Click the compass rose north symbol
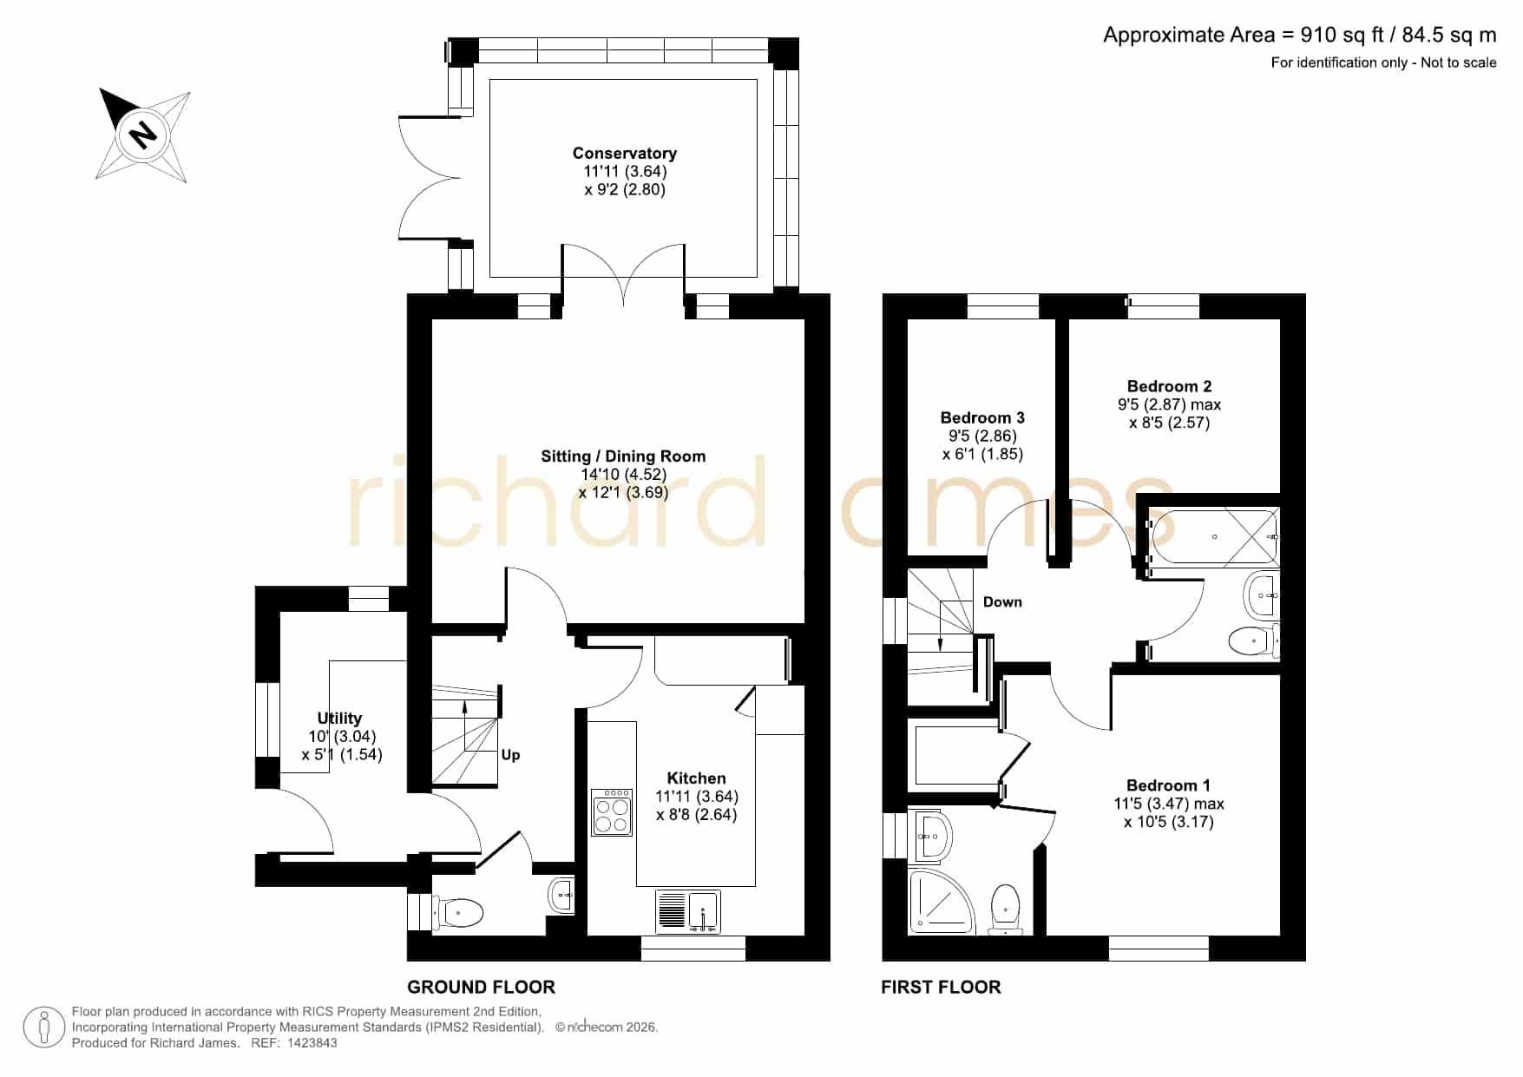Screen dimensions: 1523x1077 point(143,135)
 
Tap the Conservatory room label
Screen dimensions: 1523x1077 point(625,154)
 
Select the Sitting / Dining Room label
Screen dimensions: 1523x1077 point(623,456)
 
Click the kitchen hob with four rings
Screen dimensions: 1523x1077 point(612,812)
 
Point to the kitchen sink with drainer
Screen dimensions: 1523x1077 point(688,912)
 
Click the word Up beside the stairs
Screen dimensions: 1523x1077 point(510,755)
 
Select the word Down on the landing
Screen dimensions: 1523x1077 point(1002,602)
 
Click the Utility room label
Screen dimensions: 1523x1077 point(339,719)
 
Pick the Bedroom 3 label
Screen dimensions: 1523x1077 point(982,418)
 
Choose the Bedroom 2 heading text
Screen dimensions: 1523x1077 point(1169,386)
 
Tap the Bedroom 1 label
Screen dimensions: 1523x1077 point(1168,785)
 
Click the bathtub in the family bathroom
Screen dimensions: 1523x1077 point(1213,537)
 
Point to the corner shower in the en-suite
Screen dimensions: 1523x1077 point(942,903)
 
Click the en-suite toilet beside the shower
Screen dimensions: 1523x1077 point(1005,910)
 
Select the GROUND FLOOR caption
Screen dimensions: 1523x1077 point(481,987)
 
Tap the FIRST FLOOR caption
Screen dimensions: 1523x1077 point(941,987)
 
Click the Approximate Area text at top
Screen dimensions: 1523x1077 point(1300,35)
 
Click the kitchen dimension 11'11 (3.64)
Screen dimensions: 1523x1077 point(697,797)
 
